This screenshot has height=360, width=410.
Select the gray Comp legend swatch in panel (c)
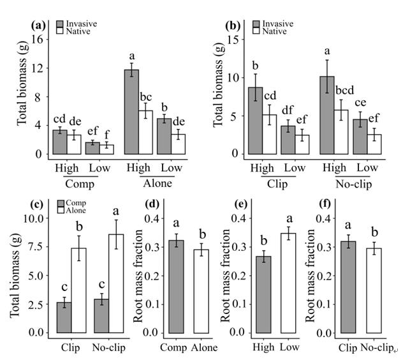click(x=61, y=203)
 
